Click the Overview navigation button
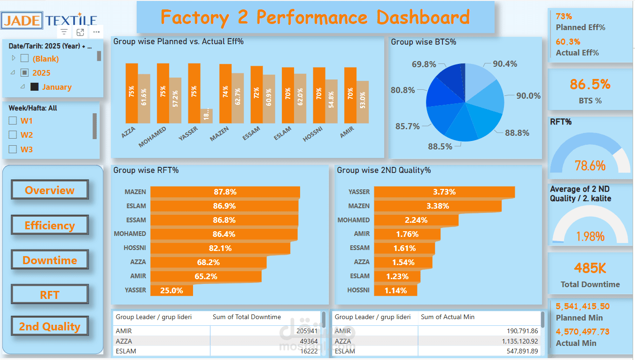50,190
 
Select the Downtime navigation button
50,260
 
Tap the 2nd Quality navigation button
50,327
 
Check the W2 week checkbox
13,135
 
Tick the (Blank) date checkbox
25,59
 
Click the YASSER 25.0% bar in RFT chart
171,290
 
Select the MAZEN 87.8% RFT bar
225,192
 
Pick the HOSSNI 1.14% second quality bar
395,290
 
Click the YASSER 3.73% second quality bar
444,192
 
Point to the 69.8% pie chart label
424,64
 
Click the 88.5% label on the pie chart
440,147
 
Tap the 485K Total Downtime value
590,268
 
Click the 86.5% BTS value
590,85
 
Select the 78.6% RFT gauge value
590,165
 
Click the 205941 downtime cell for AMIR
308,331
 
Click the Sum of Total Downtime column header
247,317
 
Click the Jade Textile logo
50,20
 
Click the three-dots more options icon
96,32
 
